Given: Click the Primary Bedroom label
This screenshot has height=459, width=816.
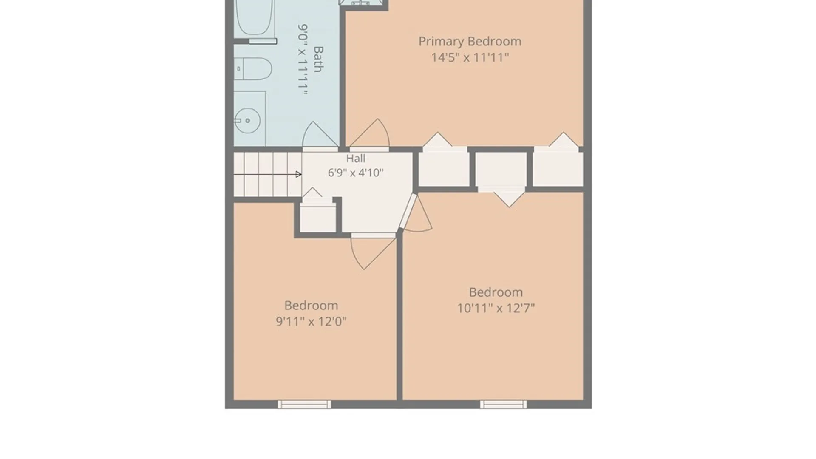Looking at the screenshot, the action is pos(470,42).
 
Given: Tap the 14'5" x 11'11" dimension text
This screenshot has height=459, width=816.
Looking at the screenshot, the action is pos(470,57).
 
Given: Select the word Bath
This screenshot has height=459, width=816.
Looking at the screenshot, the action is pos(318,59).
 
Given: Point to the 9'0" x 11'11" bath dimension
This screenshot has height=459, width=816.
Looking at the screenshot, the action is pos(302,59).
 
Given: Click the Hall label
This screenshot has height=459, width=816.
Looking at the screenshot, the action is pos(356,159).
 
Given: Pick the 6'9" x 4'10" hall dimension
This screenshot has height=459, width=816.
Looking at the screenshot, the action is pos(356,173).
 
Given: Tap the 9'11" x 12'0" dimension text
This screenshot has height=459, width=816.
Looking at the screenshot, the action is pos(311,321).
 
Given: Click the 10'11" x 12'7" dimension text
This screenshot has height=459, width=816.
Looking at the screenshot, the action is pos(496,308).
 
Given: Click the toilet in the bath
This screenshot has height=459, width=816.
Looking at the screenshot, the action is pos(253,69).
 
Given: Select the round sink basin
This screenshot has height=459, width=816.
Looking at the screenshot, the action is pos(247,121).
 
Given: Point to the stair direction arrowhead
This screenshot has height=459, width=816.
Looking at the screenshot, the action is pos(299,174).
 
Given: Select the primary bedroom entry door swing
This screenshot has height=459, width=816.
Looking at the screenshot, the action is pos(369,134).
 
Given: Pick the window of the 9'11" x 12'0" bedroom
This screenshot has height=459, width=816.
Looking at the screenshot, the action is pos(304,405).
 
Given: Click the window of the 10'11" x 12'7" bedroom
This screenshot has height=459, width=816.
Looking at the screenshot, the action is pos(504,405).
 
